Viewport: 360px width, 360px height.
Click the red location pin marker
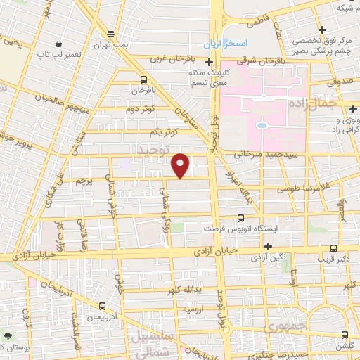click(181, 165)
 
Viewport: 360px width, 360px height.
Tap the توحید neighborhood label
click(154, 150)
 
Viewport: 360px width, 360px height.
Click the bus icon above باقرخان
click(143, 79)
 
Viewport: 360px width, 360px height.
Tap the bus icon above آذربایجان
click(103, 306)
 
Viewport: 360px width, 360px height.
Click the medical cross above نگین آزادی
click(269, 245)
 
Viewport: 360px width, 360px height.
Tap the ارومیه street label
click(193, 309)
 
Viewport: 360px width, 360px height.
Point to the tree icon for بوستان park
click(8, 337)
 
